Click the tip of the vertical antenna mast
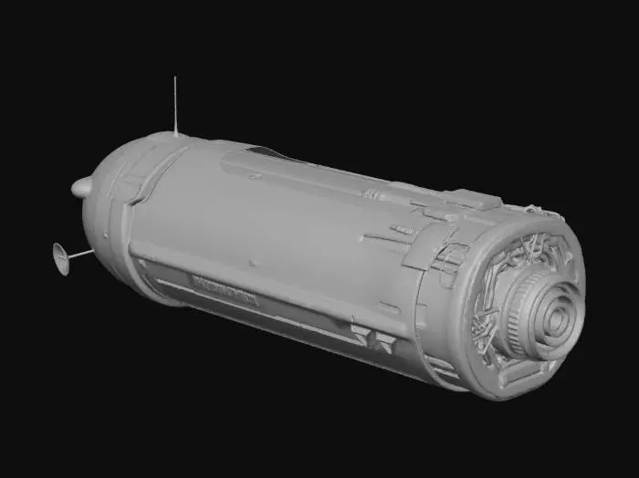174,78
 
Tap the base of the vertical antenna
175,133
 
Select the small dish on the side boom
61,258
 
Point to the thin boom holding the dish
81,254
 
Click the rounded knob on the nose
81,188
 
